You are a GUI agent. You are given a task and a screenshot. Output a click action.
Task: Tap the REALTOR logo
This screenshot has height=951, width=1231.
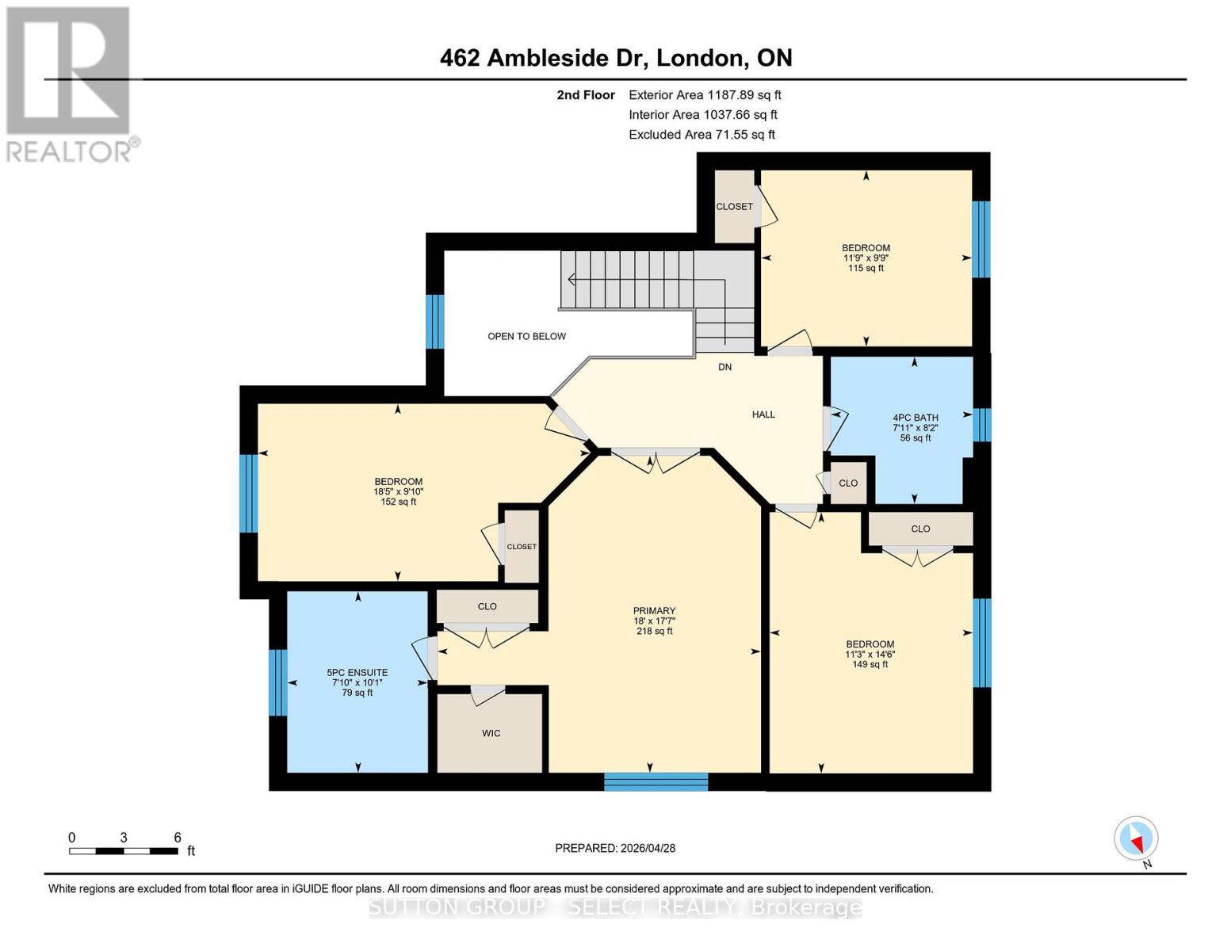coord(70,84)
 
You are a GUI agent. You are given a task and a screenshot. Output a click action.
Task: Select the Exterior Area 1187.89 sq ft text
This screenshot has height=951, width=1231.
coord(704,95)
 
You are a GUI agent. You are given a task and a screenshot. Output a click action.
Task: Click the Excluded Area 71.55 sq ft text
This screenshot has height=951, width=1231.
coord(702,135)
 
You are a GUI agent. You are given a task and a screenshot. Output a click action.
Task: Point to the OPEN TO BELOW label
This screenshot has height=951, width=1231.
coord(526,336)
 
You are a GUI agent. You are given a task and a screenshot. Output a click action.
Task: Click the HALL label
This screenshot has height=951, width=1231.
coord(763,414)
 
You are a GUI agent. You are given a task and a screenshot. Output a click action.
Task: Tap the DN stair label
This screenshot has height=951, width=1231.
coord(724,367)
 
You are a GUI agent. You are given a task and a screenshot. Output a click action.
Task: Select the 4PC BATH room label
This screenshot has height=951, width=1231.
coord(915,418)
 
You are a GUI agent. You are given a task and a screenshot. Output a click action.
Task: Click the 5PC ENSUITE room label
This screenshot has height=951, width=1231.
coord(357,673)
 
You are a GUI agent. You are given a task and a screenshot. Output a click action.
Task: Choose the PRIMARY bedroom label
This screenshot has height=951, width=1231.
coord(654,611)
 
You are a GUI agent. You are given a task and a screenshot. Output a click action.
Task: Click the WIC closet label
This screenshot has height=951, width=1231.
coord(491,734)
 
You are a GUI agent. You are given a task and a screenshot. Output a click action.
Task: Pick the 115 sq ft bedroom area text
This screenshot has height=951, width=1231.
coord(866,269)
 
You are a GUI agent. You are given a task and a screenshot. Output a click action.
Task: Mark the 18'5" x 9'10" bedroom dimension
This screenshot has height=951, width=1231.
coord(398,491)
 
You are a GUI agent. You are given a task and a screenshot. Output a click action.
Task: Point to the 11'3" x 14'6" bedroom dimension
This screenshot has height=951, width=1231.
coord(870,655)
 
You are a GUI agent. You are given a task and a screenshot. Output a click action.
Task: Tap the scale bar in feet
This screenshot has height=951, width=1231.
coord(124,851)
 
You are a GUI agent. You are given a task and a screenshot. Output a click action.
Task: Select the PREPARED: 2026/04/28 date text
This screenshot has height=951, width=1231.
coord(615,848)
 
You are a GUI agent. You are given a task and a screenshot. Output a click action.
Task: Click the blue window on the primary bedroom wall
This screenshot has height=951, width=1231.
coord(656,781)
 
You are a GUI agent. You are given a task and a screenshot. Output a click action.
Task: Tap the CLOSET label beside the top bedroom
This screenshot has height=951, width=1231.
coord(734,207)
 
